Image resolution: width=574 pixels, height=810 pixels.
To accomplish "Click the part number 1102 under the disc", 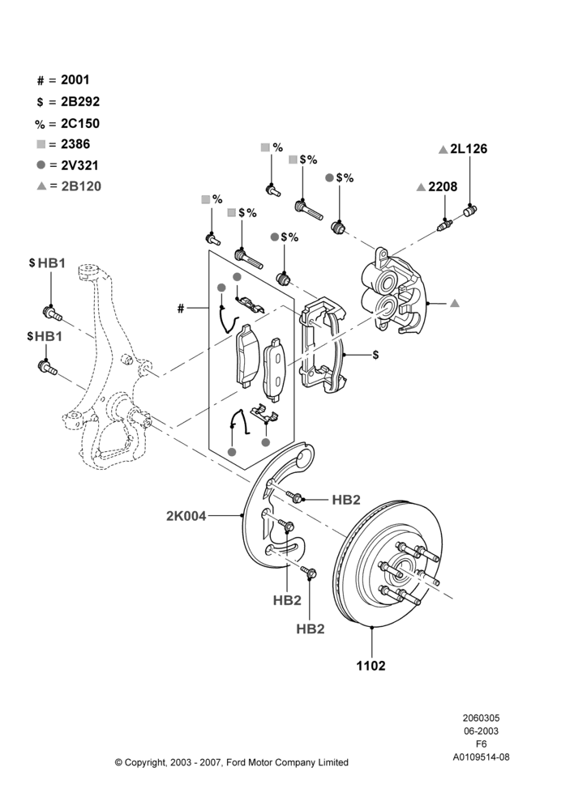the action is click(x=371, y=665).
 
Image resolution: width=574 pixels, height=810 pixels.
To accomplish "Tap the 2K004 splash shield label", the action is click(x=186, y=515).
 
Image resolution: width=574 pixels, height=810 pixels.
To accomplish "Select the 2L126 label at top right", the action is click(x=469, y=149).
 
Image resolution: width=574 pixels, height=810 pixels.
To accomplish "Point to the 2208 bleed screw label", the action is click(x=443, y=186).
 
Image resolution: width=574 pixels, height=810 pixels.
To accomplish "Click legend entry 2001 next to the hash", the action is click(x=75, y=79).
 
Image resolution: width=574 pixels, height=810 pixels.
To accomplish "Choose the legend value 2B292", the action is click(x=80, y=102).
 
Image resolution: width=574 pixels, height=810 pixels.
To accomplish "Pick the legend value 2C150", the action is click(x=80, y=123).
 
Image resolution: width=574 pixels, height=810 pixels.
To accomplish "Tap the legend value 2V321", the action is click(x=79, y=165).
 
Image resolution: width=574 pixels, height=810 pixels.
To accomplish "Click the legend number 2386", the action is click(x=75, y=144).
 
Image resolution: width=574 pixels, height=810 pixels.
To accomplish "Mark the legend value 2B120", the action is click(x=81, y=186).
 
